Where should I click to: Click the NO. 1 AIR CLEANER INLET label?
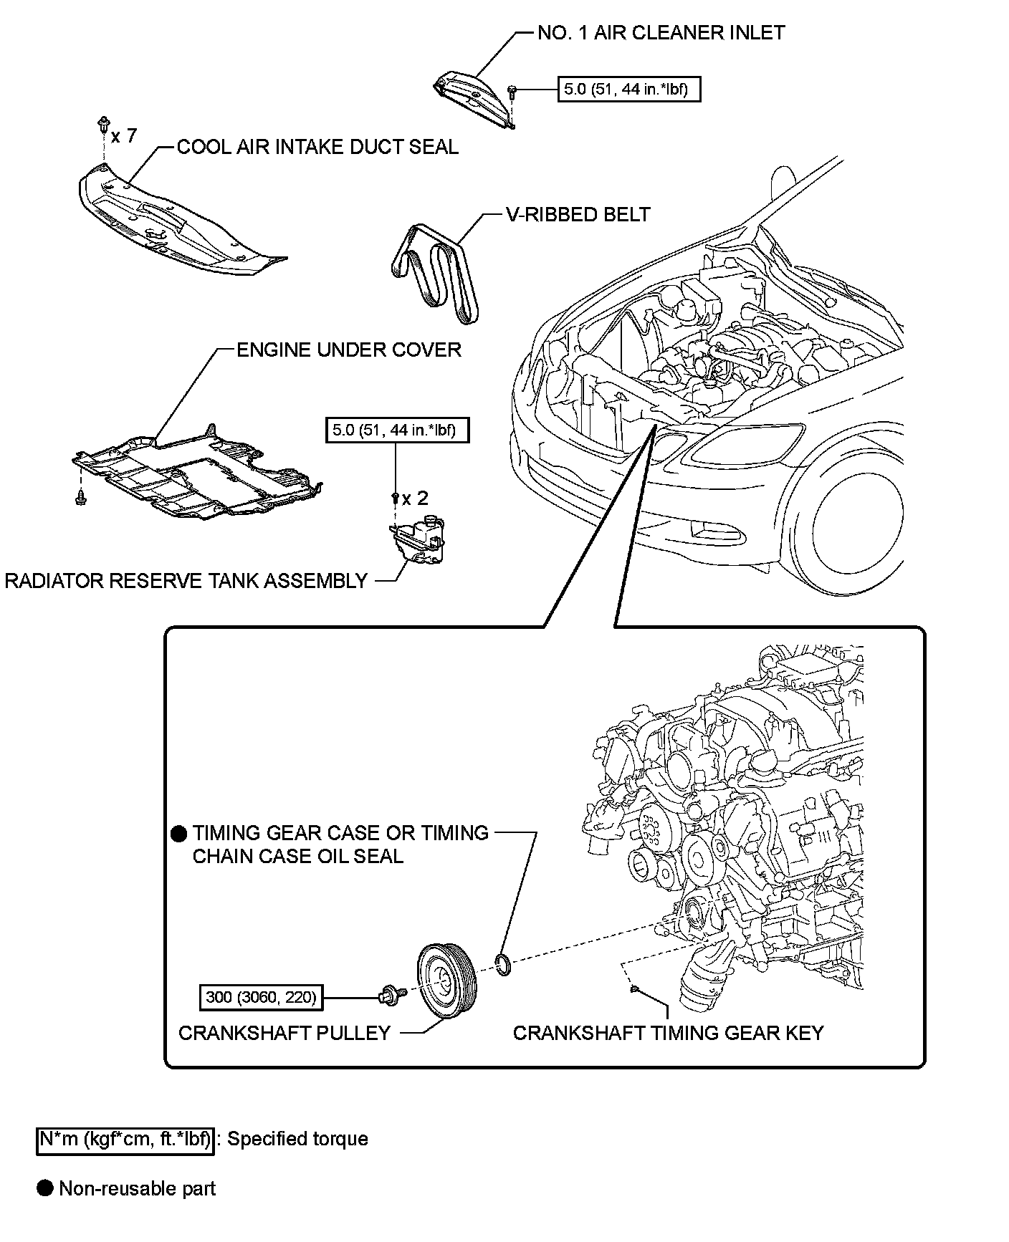click(661, 33)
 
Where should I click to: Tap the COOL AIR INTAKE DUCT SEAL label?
click(317, 147)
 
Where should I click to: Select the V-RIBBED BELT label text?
click(578, 214)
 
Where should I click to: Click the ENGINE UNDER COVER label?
click(349, 350)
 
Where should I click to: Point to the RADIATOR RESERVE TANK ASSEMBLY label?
click(186, 581)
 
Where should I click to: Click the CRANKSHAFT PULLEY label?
click(284, 1033)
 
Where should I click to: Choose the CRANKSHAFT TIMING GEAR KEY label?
click(669, 1033)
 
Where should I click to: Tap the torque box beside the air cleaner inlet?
click(628, 90)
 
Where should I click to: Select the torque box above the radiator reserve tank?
click(397, 430)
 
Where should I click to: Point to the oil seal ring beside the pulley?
click(504, 966)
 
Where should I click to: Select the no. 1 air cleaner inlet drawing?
click(474, 99)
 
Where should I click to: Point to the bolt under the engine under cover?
click(80, 495)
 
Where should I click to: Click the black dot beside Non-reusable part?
click(46, 1188)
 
